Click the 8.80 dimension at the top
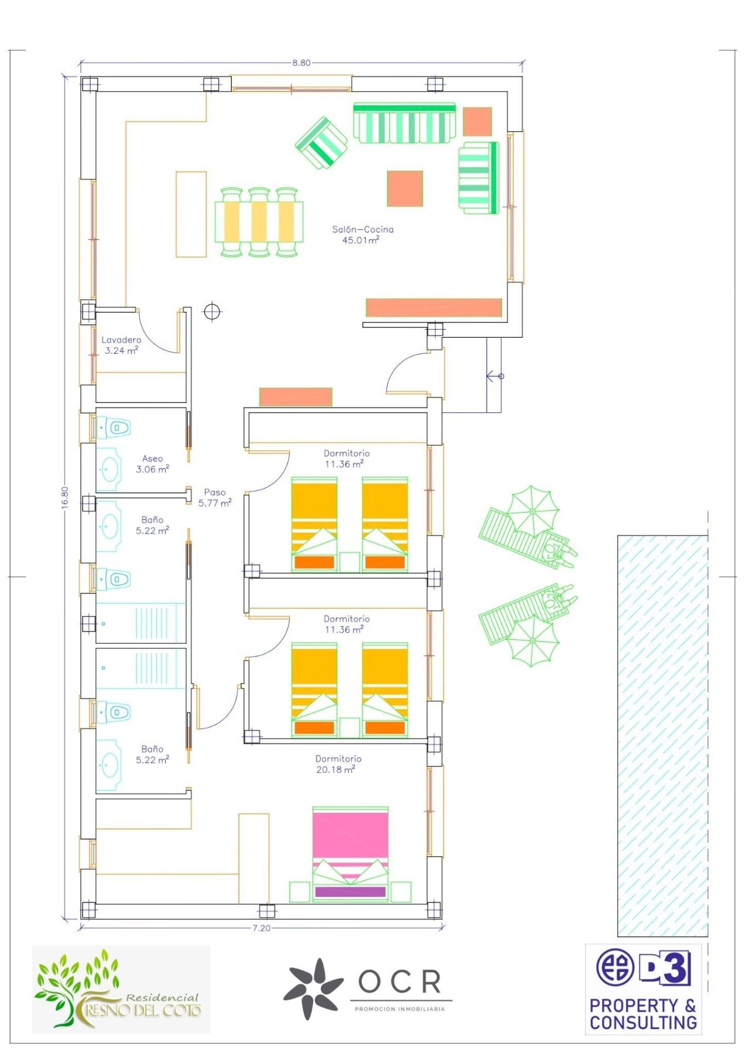pyautogui.click(x=301, y=63)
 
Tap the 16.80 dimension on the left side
pyautogui.click(x=65, y=497)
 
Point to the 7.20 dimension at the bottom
pyautogui.click(x=262, y=928)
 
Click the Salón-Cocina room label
pyautogui.click(x=362, y=234)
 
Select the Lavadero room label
pyautogui.click(x=121, y=345)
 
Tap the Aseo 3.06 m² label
pyautogui.click(x=153, y=463)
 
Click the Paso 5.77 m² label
pyautogui.click(x=215, y=497)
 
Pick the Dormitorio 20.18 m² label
pyautogui.click(x=338, y=763)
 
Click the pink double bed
pyautogui.click(x=351, y=853)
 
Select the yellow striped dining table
pyautogui.click(x=259, y=222)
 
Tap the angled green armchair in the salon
pyautogui.click(x=321, y=143)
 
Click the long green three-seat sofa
pyautogui.click(x=404, y=122)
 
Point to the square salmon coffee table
pyautogui.click(x=405, y=189)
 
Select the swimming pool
pyautogui.click(x=663, y=735)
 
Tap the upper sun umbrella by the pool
pyautogui.click(x=532, y=511)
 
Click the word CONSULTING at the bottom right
pyautogui.click(x=644, y=1022)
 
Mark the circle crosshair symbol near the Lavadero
pyautogui.click(x=212, y=312)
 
